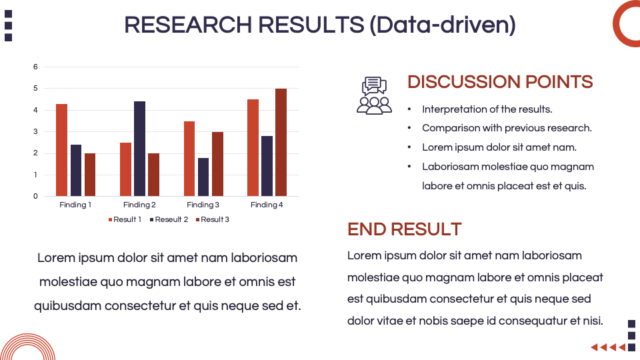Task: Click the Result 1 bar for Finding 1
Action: [x=61, y=150]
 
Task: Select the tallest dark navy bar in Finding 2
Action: [x=139, y=149]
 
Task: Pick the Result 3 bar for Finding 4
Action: [x=281, y=142]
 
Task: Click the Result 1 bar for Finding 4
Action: [x=253, y=147]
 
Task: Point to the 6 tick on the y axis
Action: [x=36, y=67]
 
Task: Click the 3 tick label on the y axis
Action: [x=36, y=131]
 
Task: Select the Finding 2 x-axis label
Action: [x=139, y=205]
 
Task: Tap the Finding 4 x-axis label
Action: [x=267, y=205]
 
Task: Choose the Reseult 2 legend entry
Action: [x=169, y=219]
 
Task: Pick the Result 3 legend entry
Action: [x=213, y=219]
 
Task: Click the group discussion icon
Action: [x=374, y=96]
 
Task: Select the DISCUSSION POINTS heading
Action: [x=500, y=82]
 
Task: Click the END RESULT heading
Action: [x=404, y=229]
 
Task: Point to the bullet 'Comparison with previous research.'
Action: [x=507, y=128]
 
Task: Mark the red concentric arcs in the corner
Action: [x=28, y=347]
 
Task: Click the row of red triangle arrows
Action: [x=608, y=347]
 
